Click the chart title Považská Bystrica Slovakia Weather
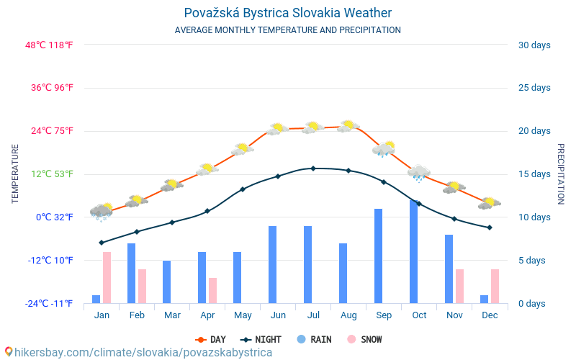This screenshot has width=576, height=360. coord(288,13)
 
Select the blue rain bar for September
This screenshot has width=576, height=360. coord(379,256)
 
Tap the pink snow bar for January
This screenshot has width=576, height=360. coord(107,277)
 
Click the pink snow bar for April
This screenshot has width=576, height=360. coord(213,290)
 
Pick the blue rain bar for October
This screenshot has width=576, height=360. coord(414,251)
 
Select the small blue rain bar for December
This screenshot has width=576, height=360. coord(485,299)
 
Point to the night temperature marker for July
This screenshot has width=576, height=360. coord(313,168)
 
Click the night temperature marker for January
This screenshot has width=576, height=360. coord(102,243)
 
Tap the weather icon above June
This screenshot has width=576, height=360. coord(277,129)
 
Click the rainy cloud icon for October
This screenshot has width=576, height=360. coord(418,172)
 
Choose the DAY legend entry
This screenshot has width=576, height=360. coord(211,339)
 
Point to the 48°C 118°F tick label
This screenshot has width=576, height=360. coord(50,45)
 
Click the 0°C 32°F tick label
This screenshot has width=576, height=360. coord(55,217)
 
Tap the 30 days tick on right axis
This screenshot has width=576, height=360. coord(534,45)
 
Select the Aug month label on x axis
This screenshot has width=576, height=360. coord(348,315)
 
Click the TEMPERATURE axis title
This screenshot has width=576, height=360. coord(15,174)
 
